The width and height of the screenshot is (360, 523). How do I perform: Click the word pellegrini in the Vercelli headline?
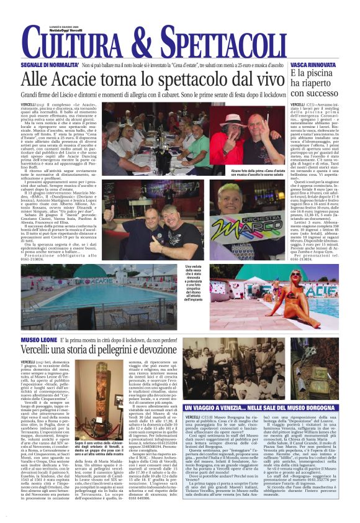click(x=115, y=350)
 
